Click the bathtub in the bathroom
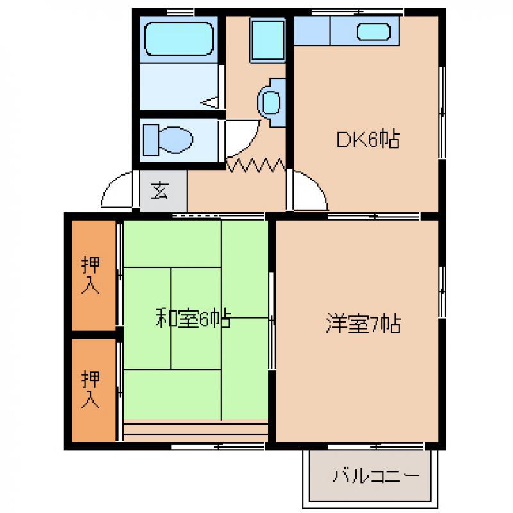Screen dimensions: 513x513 (x=179, y=38)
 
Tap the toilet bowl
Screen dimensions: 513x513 (x=176, y=140)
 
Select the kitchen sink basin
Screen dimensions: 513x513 (x=373, y=31)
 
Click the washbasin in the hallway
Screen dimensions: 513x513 (x=271, y=103)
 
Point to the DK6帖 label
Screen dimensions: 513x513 (x=368, y=139)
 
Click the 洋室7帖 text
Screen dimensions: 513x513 (x=363, y=323)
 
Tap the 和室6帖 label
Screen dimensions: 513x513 (x=194, y=318)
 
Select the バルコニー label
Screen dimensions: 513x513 (x=376, y=476)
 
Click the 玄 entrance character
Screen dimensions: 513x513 (x=160, y=190)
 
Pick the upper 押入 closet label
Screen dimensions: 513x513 (x=90, y=275)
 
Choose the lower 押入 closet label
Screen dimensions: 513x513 (x=90, y=389)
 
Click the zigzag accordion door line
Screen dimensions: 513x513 (x=255, y=165)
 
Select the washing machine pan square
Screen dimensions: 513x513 (x=267, y=40)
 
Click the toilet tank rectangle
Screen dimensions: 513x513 (x=151, y=140)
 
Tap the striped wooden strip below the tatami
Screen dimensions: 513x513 (x=196, y=430)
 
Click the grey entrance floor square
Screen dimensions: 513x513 (x=164, y=190)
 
